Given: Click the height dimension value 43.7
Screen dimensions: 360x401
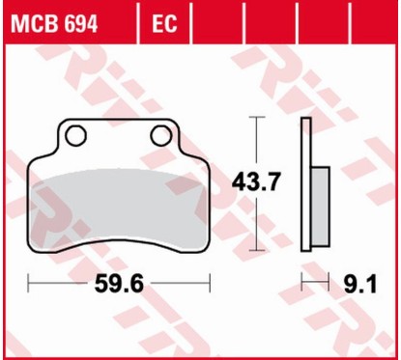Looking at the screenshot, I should tap(252, 180).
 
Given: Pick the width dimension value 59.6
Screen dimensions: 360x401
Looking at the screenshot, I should tap(119, 287).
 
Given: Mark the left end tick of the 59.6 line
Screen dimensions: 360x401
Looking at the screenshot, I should tap(29, 285).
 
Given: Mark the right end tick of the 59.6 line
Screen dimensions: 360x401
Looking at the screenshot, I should tap(210, 285).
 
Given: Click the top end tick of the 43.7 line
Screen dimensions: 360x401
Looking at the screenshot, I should tap(255, 118).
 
